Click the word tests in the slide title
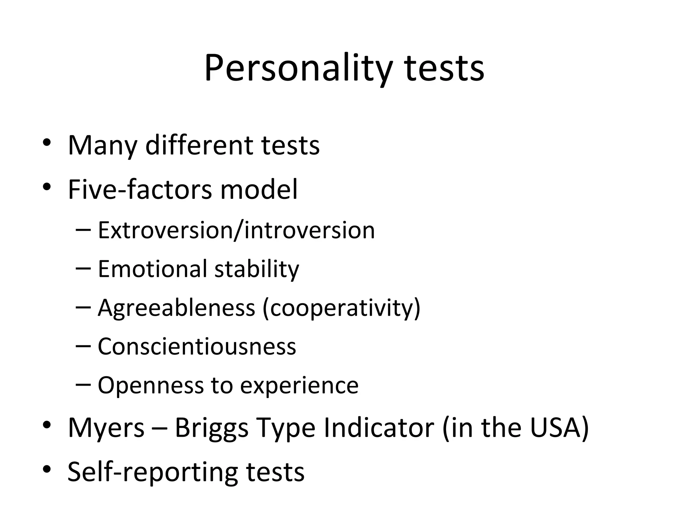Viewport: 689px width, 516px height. pos(444,69)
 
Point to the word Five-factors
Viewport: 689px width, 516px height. pos(140,189)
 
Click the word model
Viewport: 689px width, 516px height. pos(259,189)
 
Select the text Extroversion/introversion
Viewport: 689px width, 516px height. pos(236,230)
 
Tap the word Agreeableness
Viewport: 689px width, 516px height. pos(176,308)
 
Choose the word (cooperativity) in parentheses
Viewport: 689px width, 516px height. pos(341,308)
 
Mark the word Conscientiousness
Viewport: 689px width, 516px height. pos(197,346)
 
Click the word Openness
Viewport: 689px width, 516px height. pos(151,385)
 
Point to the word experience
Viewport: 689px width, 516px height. pos(299,386)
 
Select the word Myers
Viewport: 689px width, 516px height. pos(106,428)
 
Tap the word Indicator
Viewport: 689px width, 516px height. pos(378,428)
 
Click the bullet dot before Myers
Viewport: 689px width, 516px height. pos(47,425)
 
